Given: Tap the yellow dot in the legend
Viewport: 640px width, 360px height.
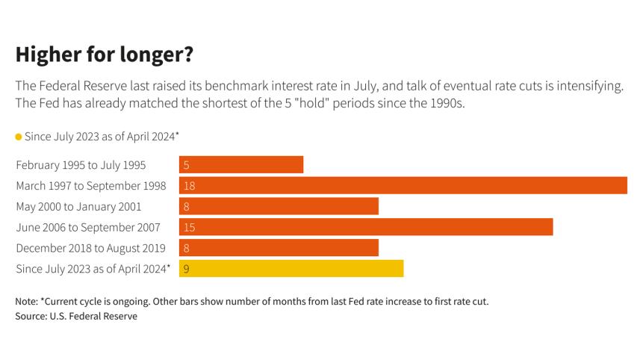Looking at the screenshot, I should [19, 137].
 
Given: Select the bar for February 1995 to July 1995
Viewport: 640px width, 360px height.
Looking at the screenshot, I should [241, 164].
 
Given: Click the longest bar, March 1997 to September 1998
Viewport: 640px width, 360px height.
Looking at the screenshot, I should [403, 185].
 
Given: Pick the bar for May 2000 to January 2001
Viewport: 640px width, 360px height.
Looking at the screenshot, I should [279, 206].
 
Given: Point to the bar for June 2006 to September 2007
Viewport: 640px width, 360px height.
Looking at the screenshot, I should [366, 227].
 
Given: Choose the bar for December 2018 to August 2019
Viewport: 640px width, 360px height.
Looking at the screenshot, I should [279, 248].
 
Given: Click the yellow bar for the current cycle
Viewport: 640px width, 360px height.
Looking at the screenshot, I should [291, 269].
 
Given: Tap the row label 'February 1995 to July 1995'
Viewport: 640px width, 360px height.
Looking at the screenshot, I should [81, 164].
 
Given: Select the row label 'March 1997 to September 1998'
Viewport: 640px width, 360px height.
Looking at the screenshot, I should [90, 185].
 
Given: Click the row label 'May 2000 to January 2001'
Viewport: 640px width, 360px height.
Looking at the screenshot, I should [78, 206].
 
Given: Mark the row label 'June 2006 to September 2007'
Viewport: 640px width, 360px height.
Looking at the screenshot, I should [88, 227].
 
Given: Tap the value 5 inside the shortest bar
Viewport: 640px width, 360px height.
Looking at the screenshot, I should [186, 165].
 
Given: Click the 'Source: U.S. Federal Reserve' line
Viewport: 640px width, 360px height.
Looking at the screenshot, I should [76, 316].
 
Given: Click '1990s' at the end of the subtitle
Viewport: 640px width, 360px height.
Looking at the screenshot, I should [447, 104].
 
